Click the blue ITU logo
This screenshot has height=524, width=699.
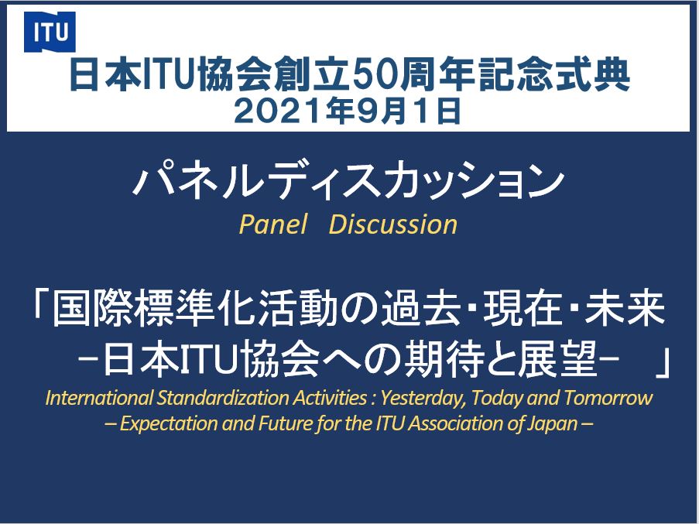pyautogui.click(x=50, y=32)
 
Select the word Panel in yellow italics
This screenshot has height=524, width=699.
pyautogui.click(x=272, y=224)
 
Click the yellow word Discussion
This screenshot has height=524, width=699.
pyautogui.click(x=393, y=224)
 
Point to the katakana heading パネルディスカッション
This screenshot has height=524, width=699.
pyautogui.click(x=348, y=180)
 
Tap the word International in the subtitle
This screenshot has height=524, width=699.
pyautogui.click(x=98, y=398)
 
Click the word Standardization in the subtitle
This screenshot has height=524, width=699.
pyautogui.click(x=222, y=398)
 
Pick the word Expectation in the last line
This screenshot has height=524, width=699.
pyautogui.click(x=169, y=423)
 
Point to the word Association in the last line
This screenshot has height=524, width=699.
pyautogui.click(x=454, y=423)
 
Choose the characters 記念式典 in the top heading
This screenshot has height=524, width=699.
pyautogui.click(x=552, y=75)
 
